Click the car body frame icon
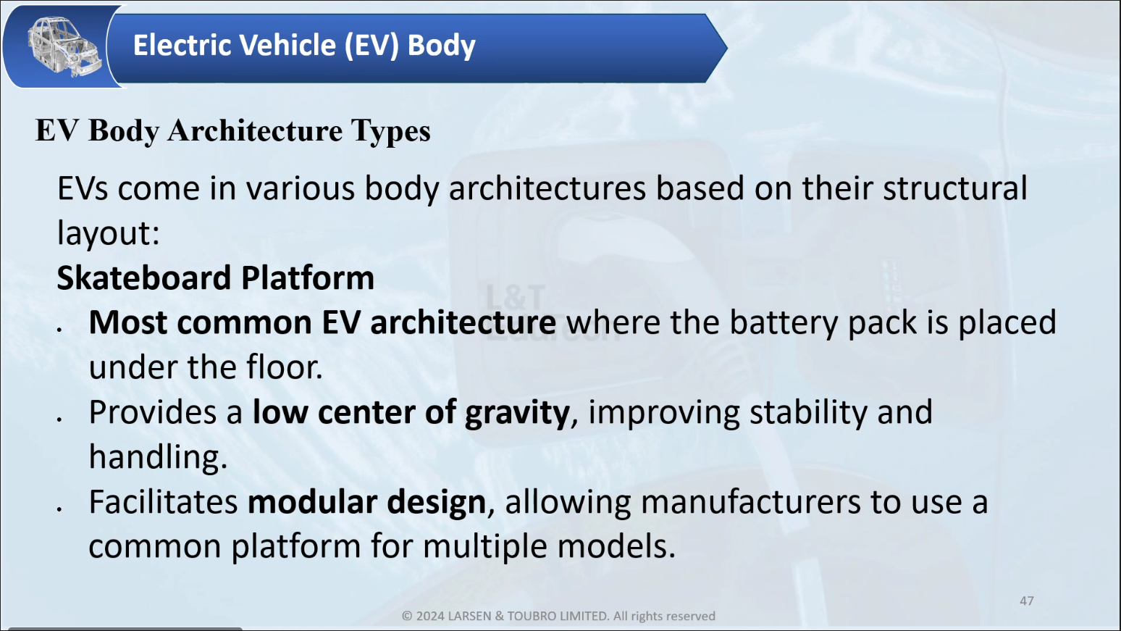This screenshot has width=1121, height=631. click(64, 46)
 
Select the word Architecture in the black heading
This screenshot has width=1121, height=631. click(255, 130)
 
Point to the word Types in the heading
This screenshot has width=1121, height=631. click(390, 132)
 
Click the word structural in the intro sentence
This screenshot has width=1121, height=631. click(955, 188)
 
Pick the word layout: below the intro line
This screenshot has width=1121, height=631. click(109, 233)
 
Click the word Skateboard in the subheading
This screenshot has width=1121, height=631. click(144, 277)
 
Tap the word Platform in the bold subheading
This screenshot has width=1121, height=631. click(308, 277)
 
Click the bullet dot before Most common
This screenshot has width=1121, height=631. click(59, 330)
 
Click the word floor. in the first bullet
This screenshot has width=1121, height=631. click(285, 367)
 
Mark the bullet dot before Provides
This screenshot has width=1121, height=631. click(59, 419)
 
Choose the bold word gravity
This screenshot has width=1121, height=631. click(517, 413)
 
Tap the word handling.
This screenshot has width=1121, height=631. click(158, 456)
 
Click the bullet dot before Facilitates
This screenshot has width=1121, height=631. click(59, 509)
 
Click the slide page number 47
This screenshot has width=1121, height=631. click(1026, 601)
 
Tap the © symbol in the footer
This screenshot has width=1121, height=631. click(407, 616)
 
